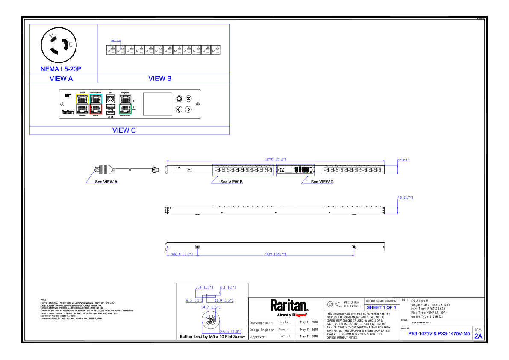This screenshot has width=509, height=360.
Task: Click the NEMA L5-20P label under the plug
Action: (61, 69)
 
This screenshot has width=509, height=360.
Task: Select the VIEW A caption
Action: (61, 79)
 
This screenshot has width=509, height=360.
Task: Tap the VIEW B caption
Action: (160, 79)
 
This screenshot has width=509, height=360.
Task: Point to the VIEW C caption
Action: (124, 130)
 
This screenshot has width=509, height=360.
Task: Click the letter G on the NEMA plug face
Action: (71, 44)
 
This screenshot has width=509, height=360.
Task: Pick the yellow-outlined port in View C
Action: (82, 99)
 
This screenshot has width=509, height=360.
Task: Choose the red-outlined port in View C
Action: (95, 109)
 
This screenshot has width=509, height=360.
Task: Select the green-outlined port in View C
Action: (125, 109)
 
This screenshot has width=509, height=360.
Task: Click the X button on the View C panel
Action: (188, 99)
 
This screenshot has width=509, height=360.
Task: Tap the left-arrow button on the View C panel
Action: (179, 109)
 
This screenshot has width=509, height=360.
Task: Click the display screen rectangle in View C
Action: (157, 104)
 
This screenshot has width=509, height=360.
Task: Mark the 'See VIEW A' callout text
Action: (106, 182)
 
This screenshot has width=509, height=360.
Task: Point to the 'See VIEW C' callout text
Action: (322, 182)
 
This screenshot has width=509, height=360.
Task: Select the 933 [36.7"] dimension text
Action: (275, 254)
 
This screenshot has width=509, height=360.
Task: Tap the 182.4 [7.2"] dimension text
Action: (182, 254)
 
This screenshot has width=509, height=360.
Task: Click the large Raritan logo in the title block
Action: (289, 306)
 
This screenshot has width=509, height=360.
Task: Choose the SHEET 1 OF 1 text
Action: (381, 307)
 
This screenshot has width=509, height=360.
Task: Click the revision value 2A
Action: (478, 336)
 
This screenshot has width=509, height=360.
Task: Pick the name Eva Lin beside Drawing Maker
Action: (284, 322)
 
